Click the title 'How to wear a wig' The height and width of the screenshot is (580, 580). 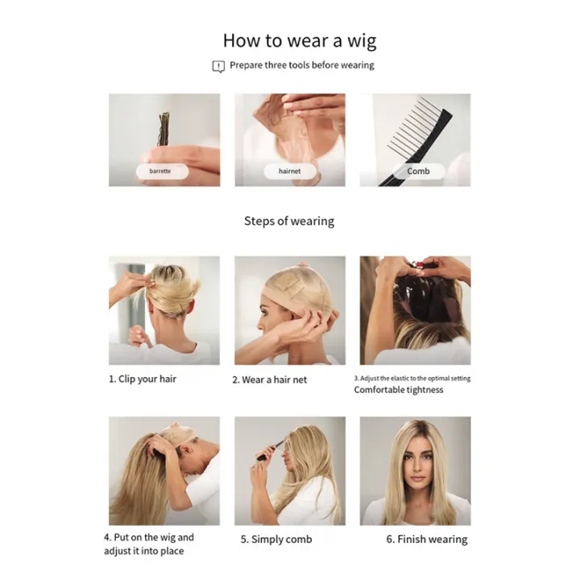coord(299,40)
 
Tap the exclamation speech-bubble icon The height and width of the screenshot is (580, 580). coord(218,66)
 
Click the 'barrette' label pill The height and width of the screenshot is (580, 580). coord(160,171)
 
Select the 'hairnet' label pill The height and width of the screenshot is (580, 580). coord(289,171)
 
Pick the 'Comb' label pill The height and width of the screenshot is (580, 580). coord(418,171)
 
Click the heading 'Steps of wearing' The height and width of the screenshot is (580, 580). coord(289,221)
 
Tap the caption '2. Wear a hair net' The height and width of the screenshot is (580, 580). coord(270,379)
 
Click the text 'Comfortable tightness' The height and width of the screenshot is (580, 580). coord(399,390)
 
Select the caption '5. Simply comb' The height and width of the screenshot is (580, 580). coord(275,539)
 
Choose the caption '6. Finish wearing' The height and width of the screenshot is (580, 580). coord(426,539)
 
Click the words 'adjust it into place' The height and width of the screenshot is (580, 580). coord(144,551)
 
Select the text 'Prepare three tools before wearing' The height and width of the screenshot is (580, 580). coord(301,65)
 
